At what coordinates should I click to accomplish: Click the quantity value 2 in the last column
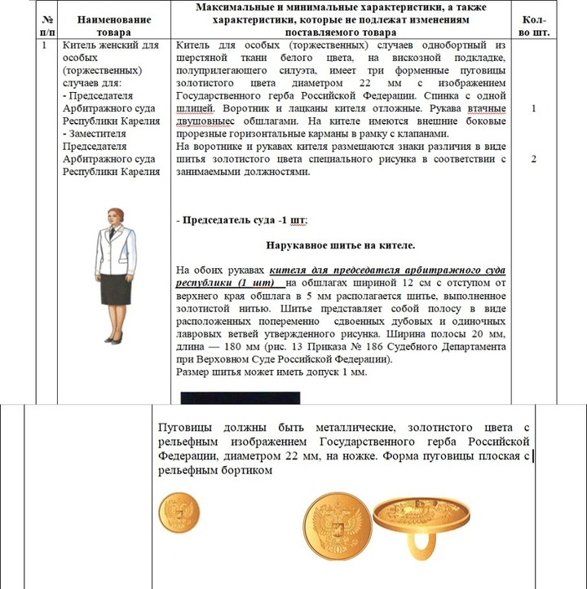coord(533,159)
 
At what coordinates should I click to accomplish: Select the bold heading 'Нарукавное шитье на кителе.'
coord(340,244)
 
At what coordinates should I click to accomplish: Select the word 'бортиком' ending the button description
coord(245,470)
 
